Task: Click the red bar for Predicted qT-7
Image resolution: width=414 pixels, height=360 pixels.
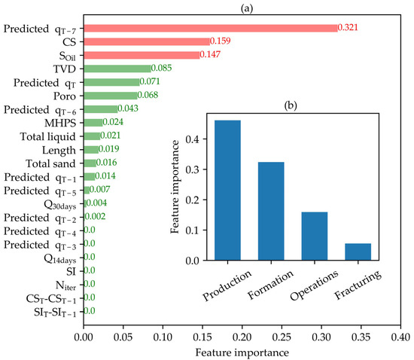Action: pos(211,29)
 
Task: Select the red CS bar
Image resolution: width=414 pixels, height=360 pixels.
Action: pos(147,41)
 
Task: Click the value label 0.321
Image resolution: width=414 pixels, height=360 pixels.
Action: pos(350,29)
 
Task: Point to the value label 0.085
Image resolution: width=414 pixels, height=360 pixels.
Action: pos(163,69)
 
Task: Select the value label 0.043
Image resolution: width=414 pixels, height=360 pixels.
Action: pos(129,109)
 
